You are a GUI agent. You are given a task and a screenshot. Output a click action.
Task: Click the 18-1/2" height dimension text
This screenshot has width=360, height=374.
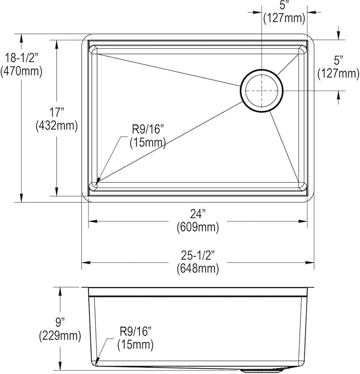pyautogui.click(x=22, y=58)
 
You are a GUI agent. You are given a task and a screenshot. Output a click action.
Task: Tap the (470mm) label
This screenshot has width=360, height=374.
pyautogui.click(x=22, y=72)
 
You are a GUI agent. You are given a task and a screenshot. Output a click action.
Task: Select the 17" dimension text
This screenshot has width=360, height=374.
pyautogui.click(x=57, y=112)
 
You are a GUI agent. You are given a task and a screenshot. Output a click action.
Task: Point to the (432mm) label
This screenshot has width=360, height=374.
pyautogui.click(x=57, y=126)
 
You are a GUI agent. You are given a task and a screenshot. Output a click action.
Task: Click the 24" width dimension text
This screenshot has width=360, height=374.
pyautogui.click(x=198, y=213)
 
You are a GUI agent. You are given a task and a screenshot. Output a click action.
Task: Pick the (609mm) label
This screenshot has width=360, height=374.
pyautogui.click(x=198, y=227)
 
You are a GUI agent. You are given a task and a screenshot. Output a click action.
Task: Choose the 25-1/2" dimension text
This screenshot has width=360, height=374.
pyautogui.click(x=198, y=255)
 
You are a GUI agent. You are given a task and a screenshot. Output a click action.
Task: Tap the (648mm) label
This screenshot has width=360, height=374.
pyautogui.click(x=198, y=269)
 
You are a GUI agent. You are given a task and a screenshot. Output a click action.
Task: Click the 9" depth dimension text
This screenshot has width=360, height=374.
pyautogui.click(x=60, y=323)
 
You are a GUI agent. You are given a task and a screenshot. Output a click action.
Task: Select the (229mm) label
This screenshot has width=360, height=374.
pyautogui.click(x=60, y=336)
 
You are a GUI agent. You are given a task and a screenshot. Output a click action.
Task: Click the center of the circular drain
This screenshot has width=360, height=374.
pyautogui.click(x=261, y=91)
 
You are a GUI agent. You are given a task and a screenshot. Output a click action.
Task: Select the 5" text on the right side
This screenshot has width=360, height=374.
pyautogui.click(x=338, y=60)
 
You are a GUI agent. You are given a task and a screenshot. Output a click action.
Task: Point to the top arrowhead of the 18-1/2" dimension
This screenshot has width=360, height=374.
pyautogui.click(x=22, y=38)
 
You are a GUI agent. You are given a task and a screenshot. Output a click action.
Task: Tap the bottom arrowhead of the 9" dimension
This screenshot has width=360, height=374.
pyautogui.click(x=60, y=366)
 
